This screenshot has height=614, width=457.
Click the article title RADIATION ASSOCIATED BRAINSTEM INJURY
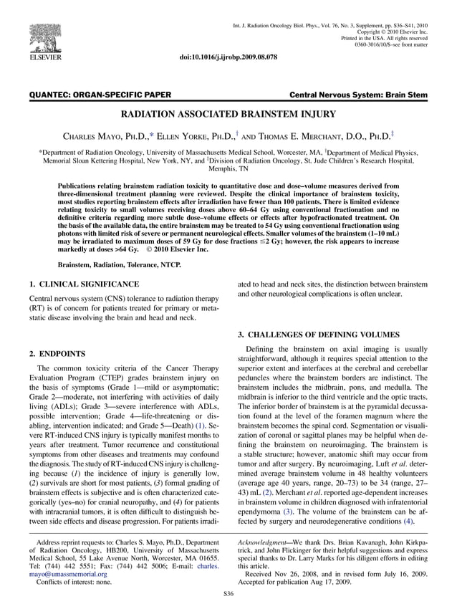click(x=228, y=114)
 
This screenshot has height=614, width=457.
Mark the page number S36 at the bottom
click(x=228, y=594)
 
